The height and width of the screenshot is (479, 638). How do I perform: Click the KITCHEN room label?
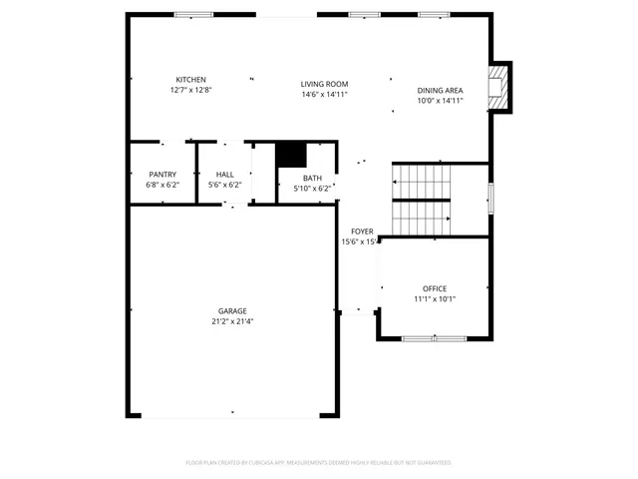click(x=191, y=80)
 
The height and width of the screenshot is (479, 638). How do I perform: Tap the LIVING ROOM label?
click(x=325, y=85)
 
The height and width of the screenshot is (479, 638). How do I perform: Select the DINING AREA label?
click(x=440, y=90)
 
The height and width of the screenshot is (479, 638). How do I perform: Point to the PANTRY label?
click(x=162, y=175)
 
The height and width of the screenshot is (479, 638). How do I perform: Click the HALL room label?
click(x=225, y=175)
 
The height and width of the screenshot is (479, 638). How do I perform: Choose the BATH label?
click(x=312, y=178)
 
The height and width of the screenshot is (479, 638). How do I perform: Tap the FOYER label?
click(x=362, y=232)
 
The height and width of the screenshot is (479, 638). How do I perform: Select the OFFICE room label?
click(x=435, y=288)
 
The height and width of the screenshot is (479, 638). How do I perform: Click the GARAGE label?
click(x=232, y=310)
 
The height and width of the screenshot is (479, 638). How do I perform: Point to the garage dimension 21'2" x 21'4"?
click(x=232, y=321)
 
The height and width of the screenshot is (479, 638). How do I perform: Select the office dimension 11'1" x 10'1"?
click(x=435, y=299)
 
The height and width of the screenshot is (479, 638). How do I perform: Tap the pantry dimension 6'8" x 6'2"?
click(x=162, y=186)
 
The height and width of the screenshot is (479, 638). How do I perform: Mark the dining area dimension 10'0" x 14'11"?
click(x=440, y=101)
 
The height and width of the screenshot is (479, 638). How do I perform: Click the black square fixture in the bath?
click(x=290, y=155)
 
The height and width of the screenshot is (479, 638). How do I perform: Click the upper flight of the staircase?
click(x=422, y=181)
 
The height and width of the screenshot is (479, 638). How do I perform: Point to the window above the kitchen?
click(x=186, y=14)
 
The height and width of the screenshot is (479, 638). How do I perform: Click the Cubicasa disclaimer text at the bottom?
click(x=319, y=463)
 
